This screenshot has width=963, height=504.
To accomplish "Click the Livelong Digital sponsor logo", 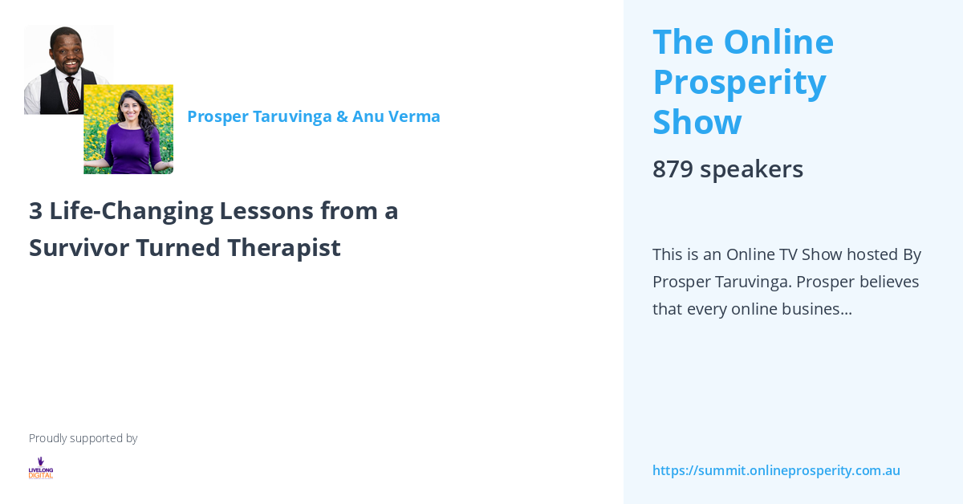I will tap(40, 468).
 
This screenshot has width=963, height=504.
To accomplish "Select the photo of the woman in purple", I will tap(128, 128).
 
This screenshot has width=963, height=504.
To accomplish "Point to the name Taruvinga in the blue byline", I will tap(291, 116).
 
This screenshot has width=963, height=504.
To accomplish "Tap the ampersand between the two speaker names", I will tap(342, 116).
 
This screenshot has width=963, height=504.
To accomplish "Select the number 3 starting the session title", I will tap(35, 210).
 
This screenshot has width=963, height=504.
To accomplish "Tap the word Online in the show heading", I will tap(778, 42).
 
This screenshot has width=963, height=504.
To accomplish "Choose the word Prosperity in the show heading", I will tap(739, 82).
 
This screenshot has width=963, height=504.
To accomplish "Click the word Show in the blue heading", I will tap(697, 122).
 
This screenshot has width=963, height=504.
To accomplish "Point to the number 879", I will tap(672, 169).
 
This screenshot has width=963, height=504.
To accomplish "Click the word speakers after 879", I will tap(751, 169).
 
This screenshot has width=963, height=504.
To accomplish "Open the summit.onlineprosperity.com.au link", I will tap(776, 470).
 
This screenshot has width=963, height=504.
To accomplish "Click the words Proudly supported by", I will tap(83, 438).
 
